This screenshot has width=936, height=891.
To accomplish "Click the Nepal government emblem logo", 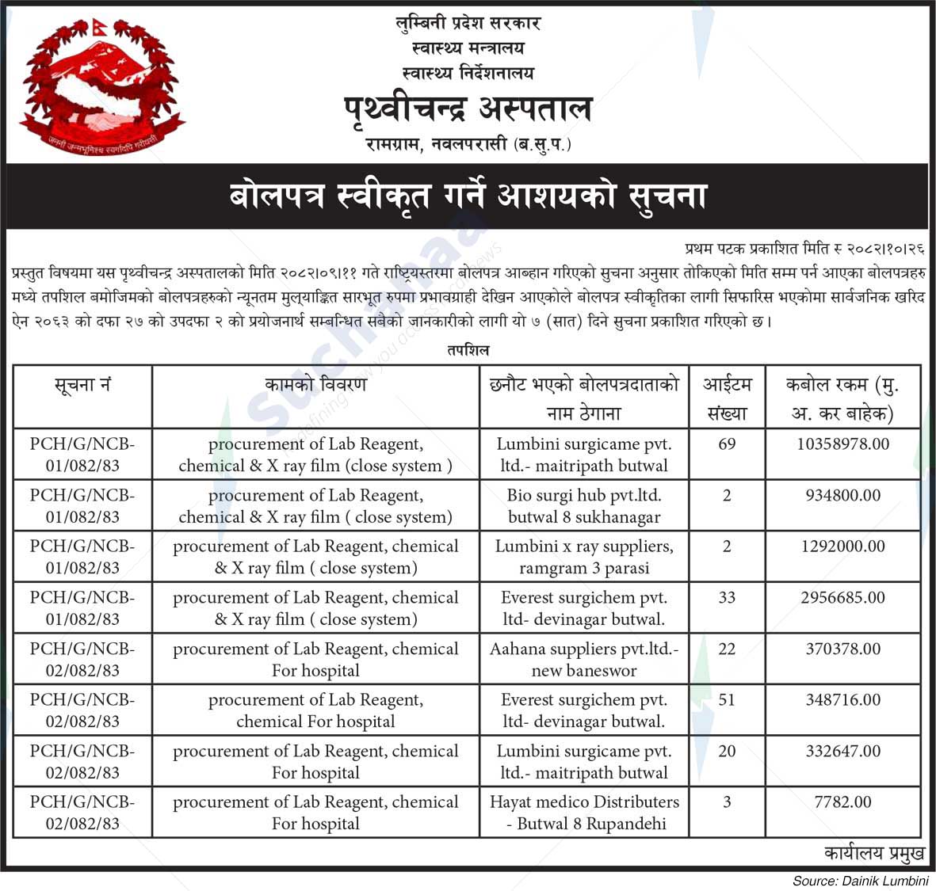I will [101, 86].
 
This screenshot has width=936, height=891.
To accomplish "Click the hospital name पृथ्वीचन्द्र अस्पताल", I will [468, 109].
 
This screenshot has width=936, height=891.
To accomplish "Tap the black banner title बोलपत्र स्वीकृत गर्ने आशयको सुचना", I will [468, 196].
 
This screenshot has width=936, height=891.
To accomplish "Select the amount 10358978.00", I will [842, 444].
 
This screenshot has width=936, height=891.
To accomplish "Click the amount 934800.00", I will [842, 496].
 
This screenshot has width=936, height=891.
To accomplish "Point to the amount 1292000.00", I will [842, 546].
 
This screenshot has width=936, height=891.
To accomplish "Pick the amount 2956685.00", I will [842, 598].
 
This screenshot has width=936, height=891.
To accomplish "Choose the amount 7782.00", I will [842, 802].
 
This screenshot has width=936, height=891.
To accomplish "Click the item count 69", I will [727, 444].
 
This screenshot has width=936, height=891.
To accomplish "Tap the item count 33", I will [727, 598].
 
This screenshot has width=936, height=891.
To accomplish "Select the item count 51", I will [727, 700].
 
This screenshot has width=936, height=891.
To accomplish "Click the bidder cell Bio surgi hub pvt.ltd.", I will [584, 506].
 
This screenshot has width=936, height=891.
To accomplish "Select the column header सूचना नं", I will [82, 386].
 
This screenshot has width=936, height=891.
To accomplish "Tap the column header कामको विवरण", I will [315, 386].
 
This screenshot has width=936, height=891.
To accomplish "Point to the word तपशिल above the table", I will [468, 350].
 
